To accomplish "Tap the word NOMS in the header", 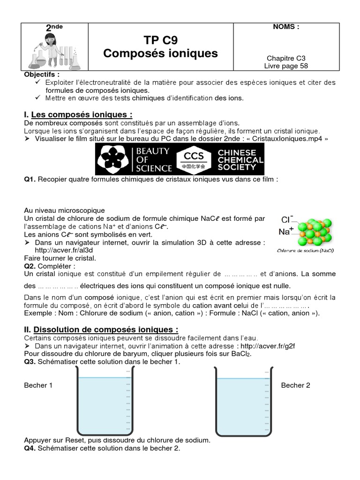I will pos(286,27).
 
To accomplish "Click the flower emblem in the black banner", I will pos(113,159).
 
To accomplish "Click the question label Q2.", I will pos(30,266).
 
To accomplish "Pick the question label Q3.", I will pos(30,361).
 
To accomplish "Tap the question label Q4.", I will pos(30,448).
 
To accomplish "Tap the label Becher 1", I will pos(38,385).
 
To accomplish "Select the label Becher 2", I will pos(295,385).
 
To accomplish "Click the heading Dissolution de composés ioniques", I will pos(106,330).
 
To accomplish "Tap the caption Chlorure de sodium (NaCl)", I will pos(305,250).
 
